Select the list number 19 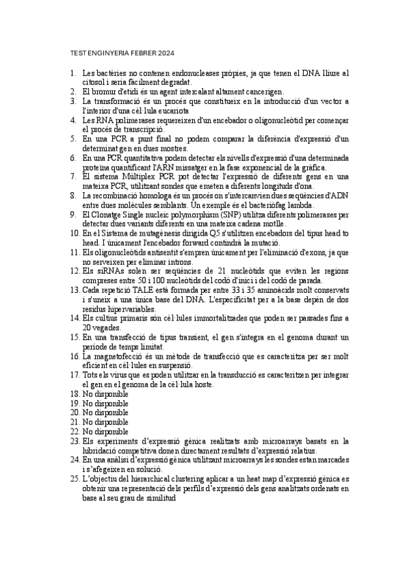[x=75, y=403]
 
